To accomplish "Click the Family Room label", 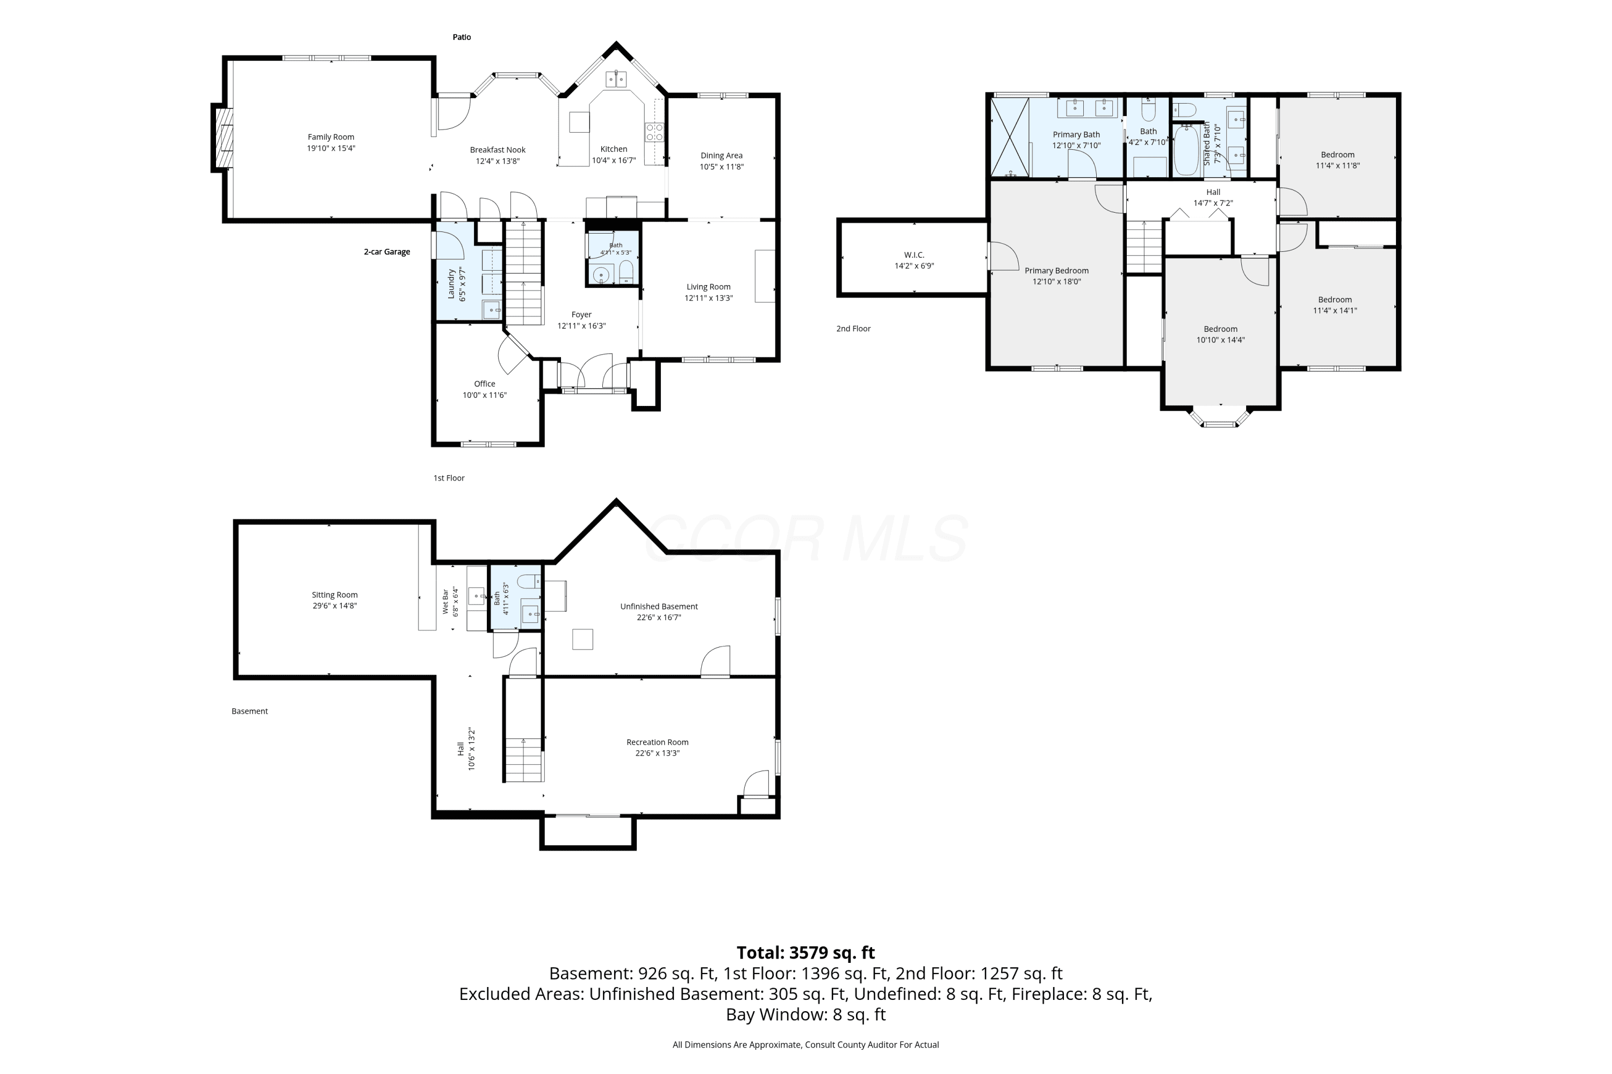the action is coord(331,137).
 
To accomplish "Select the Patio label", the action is coord(462,37).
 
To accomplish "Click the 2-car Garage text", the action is coord(387,252).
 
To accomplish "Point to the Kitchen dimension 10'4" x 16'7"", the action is coord(614,160).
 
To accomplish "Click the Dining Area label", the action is coord(722,156).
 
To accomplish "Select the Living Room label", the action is coord(709,287).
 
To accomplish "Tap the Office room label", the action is coord(485,383).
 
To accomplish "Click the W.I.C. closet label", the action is coord(915,255).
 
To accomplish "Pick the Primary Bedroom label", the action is coord(1057,271).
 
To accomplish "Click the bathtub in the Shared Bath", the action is coord(1187,149).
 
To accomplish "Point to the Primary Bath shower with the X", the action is coord(1010,137).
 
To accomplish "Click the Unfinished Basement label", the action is coord(659,606).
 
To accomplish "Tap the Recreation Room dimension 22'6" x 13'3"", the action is coord(657,753).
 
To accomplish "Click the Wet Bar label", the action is coord(445,601).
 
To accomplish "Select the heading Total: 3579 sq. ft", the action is coord(806,952).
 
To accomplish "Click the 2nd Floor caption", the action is coord(853,329).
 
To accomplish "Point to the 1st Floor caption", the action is coord(449,478).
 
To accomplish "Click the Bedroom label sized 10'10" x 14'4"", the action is coord(1221,329).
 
